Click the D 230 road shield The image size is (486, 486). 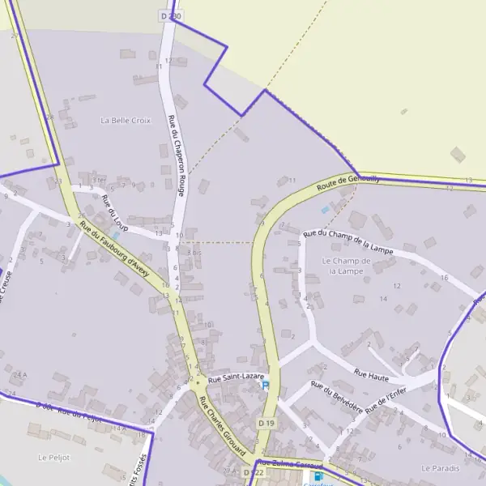(171, 15)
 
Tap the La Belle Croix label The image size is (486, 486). (126, 120)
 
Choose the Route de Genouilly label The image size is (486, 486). (348, 183)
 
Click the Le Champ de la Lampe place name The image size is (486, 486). (346, 266)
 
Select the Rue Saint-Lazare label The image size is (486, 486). (236, 378)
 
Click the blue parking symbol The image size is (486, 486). (264, 386)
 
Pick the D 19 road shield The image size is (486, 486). (266, 424)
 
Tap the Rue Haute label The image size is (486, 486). (371, 374)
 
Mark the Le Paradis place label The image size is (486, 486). (440, 468)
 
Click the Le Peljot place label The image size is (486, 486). (53, 457)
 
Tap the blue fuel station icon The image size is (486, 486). (318, 477)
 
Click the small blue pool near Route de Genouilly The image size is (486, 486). (325, 210)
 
